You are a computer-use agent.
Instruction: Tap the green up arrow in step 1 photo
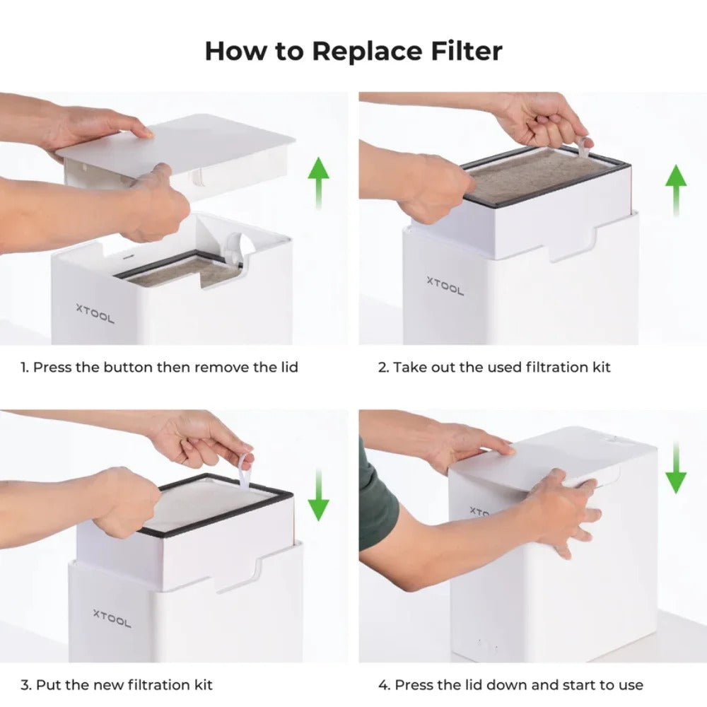318,182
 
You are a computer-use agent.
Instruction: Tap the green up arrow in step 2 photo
675,189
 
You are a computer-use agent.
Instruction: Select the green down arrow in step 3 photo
318,495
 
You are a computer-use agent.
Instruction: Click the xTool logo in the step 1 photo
95,313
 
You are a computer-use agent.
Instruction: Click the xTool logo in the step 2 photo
445,285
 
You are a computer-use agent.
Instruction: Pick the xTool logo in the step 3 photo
112,618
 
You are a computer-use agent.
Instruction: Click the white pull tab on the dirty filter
584,147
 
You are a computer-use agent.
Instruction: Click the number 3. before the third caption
25,684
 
